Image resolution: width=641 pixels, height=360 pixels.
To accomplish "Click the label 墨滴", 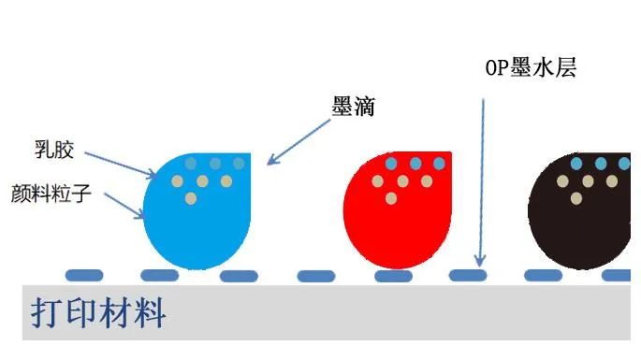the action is [x=354, y=107].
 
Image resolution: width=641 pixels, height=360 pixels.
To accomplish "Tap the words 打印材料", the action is [x=99, y=313].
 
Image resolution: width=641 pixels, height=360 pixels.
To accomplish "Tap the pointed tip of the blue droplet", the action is [x=251, y=155].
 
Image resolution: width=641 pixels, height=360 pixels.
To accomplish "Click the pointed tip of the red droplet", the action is [x=450, y=155].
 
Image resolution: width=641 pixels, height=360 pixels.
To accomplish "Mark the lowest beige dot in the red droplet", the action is [x=392, y=197].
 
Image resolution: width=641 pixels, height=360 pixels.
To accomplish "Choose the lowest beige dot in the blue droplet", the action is [x=191, y=198].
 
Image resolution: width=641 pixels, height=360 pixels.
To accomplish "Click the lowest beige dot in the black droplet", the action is [x=576, y=197].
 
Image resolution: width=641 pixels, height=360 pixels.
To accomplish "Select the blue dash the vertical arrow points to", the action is [x=468, y=275].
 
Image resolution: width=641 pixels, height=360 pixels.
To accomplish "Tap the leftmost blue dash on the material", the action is [x=84, y=275].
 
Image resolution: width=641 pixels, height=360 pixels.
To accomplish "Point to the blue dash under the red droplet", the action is [x=393, y=276].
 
